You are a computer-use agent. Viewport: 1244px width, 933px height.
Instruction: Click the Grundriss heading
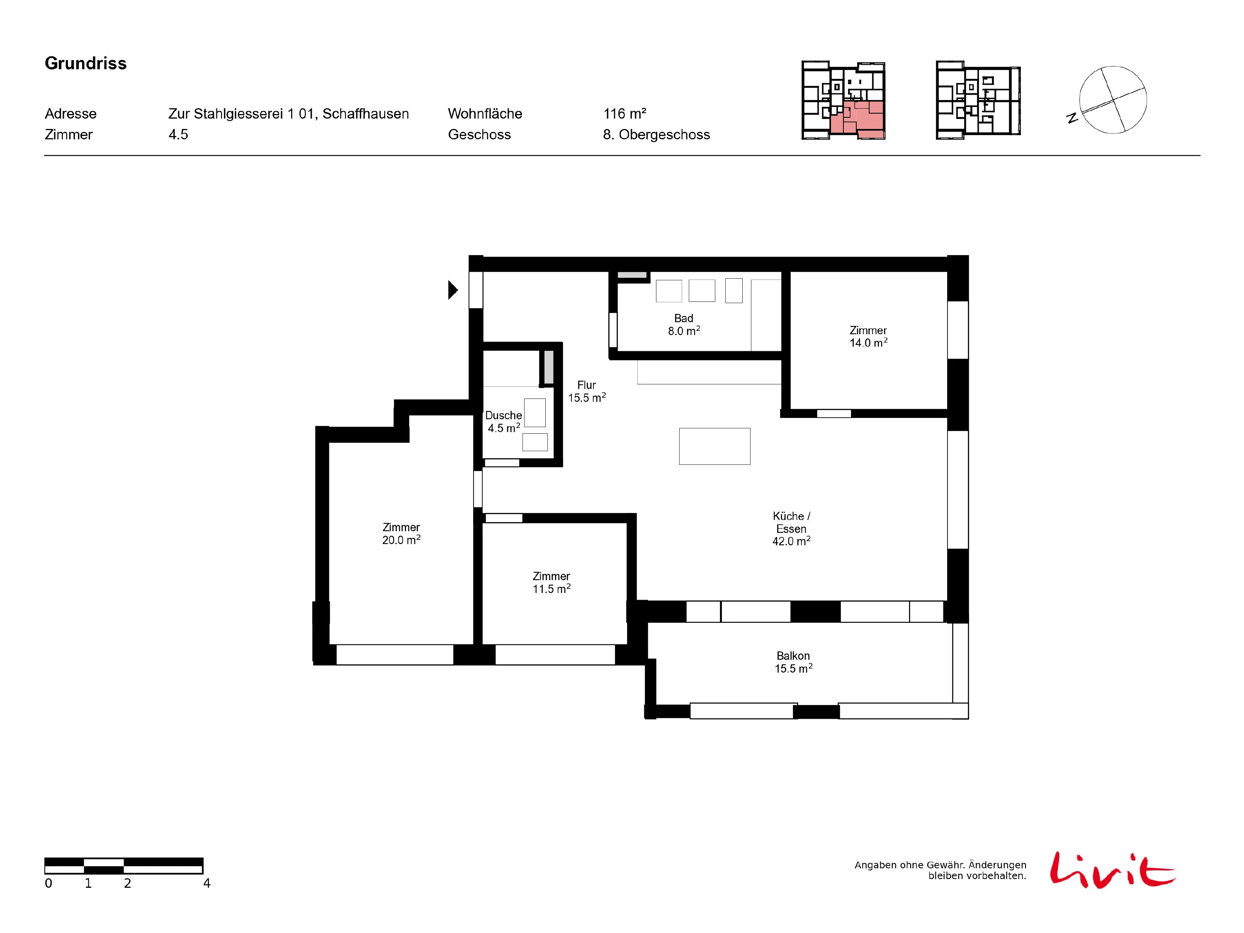(85, 63)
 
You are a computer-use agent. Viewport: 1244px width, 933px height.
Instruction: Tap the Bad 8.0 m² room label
(684, 325)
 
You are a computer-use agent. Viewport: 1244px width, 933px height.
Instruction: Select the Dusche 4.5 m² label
(503, 422)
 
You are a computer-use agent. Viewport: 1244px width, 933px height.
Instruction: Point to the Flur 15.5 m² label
(587, 391)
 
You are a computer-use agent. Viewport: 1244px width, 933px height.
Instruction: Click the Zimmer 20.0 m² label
(401, 534)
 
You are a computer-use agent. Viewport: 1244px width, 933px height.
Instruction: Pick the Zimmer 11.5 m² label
(552, 583)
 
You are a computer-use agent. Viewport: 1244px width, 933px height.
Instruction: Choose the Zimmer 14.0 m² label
(868, 336)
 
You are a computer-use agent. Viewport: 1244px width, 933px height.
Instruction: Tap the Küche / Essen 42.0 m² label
(791, 529)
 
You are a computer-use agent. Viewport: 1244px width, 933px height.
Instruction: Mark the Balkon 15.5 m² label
(794, 662)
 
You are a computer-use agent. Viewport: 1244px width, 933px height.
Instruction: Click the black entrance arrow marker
(453, 289)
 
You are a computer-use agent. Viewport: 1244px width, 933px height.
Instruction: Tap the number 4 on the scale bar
(207, 884)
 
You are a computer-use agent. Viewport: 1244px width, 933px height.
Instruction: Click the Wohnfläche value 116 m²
(625, 114)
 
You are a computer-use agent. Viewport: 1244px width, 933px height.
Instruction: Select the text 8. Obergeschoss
(656, 134)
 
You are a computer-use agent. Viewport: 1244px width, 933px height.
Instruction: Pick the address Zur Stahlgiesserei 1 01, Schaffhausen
(289, 114)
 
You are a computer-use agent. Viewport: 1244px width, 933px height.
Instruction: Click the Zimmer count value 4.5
(178, 134)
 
